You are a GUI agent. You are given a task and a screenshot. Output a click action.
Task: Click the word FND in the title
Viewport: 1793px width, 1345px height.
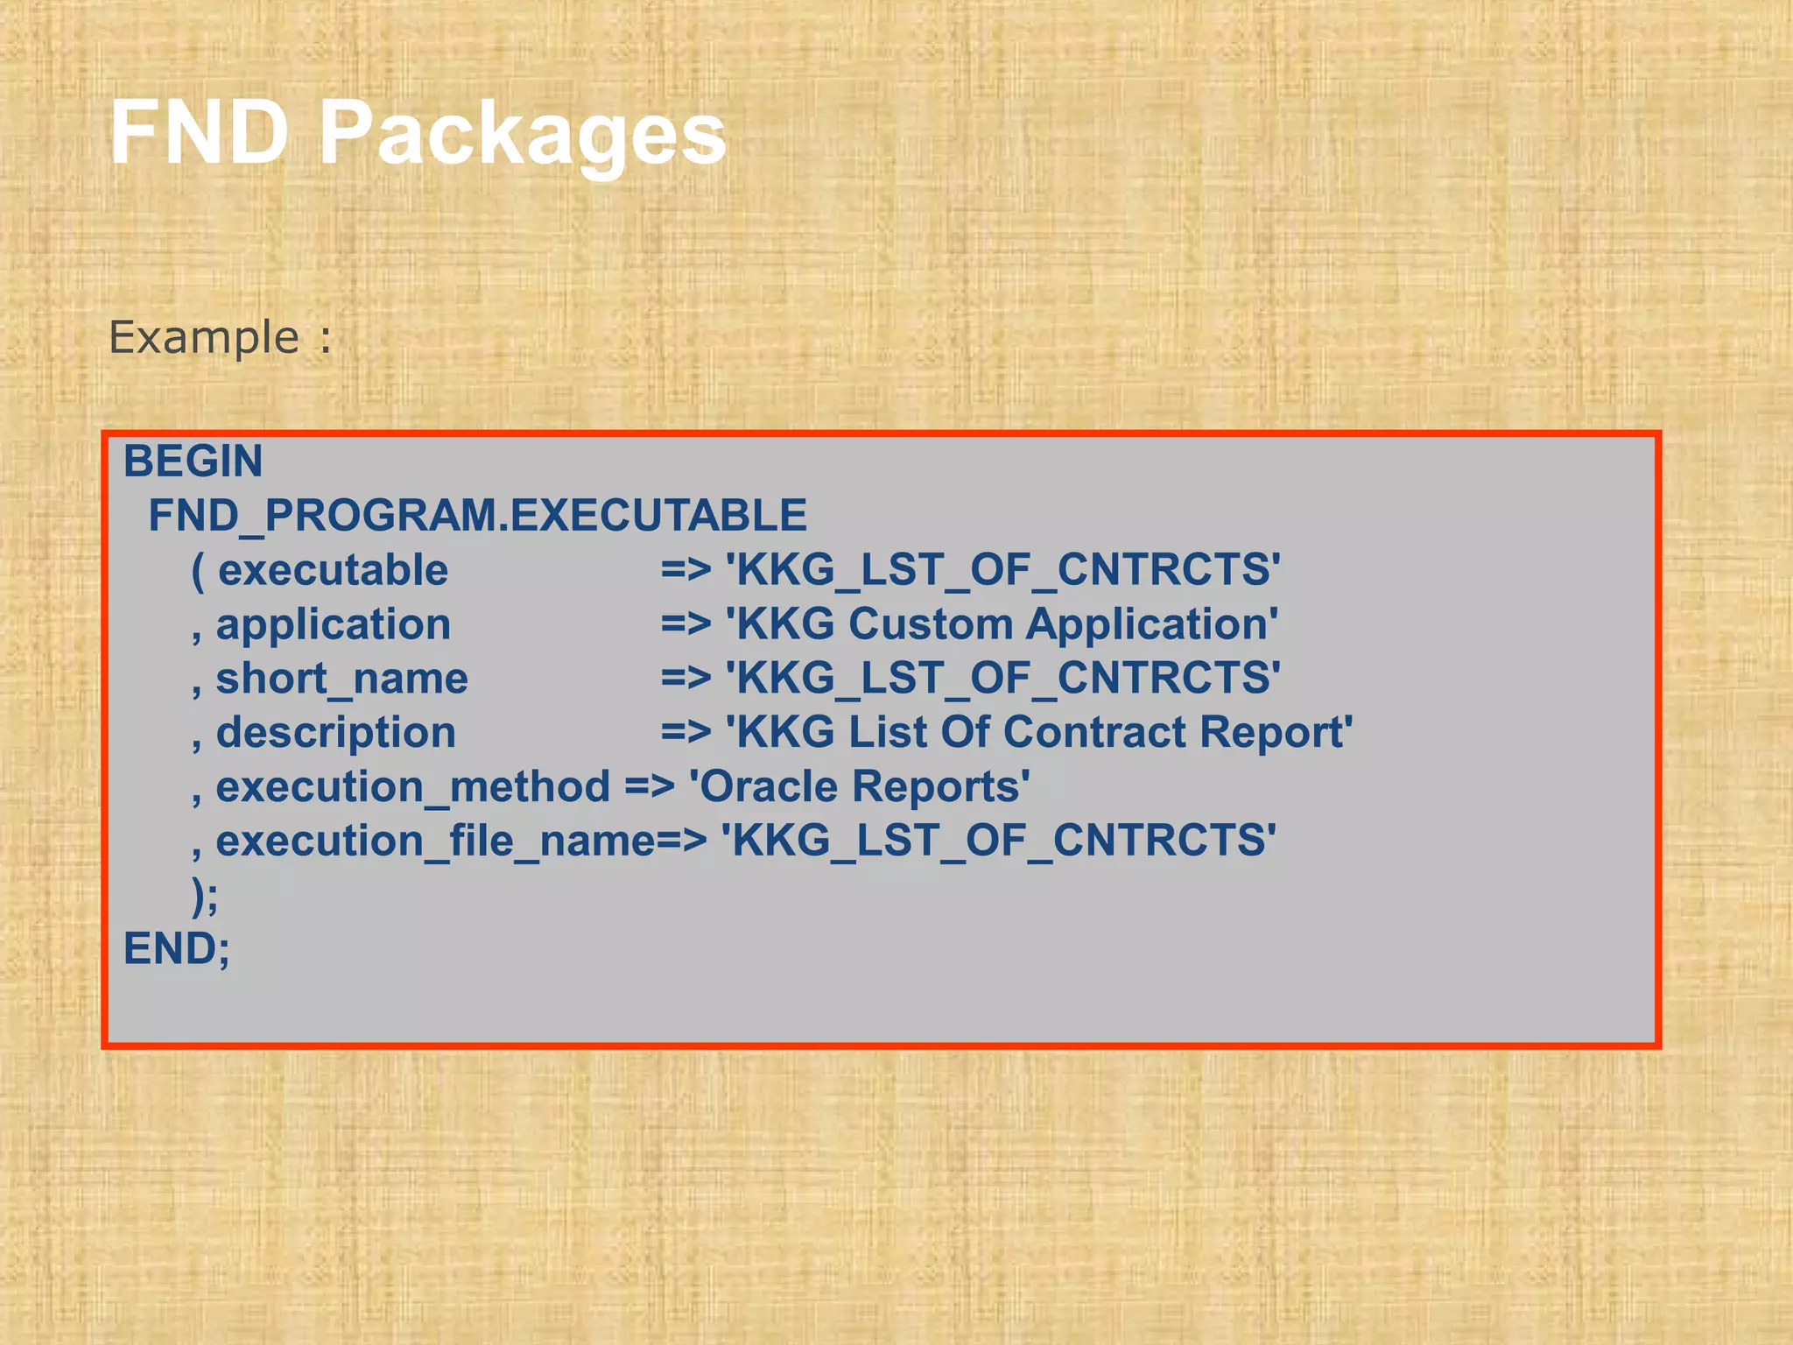point(199,133)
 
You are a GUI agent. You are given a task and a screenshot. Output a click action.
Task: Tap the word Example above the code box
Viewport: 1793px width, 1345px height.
point(204,338)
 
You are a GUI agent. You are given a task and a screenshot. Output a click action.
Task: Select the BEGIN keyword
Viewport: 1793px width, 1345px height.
point(193,461)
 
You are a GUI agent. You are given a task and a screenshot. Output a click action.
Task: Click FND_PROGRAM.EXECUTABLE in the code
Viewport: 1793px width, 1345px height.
point(477,516)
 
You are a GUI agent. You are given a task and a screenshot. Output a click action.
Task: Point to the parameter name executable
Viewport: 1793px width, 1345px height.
point(333,570)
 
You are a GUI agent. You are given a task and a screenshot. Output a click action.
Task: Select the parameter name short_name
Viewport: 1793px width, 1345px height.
point(341,680)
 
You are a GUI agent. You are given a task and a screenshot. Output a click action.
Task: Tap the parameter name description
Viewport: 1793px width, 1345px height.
point(336,734)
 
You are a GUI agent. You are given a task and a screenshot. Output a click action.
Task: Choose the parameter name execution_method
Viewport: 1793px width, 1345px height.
point(412,787)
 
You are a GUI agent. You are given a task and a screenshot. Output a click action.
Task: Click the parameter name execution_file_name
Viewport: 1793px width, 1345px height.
point(435,842)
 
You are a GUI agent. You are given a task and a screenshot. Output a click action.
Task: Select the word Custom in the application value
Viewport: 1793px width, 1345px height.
point(931,624)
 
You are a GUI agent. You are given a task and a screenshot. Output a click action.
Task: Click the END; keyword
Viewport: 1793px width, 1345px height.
point(177,949)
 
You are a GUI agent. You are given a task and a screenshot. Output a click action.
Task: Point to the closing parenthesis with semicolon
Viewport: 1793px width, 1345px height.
point(205,896)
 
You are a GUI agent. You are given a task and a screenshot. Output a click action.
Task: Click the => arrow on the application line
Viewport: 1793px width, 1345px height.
point(686,624)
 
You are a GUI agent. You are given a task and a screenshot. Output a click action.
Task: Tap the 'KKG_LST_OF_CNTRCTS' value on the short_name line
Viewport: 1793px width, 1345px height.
point(1002,679)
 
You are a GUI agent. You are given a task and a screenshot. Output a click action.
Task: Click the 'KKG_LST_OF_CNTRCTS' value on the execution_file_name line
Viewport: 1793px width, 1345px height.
point(998,841)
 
